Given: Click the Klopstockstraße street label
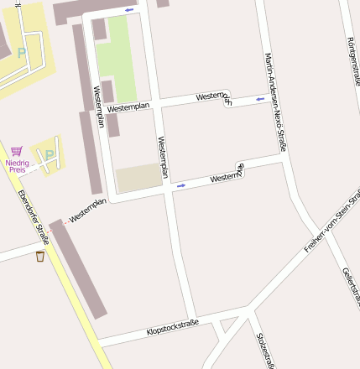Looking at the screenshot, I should [x=173, y=327].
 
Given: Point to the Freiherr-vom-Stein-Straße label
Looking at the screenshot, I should [x=331, y=226].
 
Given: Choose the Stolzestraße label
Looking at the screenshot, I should [x=264, y=349].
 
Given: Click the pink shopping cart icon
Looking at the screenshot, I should [x=17, y=151].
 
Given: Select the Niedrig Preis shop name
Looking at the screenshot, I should [x=17, y=165].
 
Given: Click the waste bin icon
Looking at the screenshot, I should [x=40, y=257].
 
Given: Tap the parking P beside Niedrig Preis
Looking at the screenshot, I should [x=50, y=155].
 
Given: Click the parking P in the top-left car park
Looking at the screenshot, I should [x=22, y=52].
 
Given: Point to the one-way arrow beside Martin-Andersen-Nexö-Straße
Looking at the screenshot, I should [x=260, y=99].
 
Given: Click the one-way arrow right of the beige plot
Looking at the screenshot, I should [x=180, y=185].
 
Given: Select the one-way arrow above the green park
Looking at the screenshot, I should [x=129, y=10].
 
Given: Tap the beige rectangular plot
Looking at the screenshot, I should [x=138, y=178].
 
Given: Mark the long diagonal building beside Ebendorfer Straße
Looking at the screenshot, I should [x=81, y=268].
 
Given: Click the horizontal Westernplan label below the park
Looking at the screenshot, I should [x=128, y=107].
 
